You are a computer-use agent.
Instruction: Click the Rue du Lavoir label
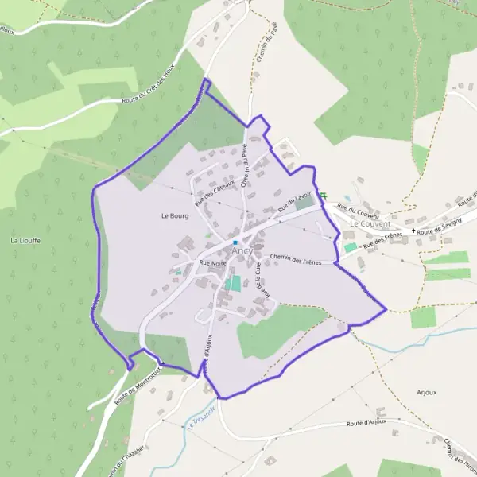click(293, 202)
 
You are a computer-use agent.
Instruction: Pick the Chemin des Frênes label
click(295, 258)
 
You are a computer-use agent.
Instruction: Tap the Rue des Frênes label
click(381, 240)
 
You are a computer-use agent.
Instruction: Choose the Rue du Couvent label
click(358, 211)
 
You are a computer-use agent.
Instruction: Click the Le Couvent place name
click(370, 224)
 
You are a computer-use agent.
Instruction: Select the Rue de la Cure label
click(258, 279)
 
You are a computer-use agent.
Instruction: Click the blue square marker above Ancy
click(235, 242)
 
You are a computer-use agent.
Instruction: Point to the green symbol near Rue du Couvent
click(323, 196)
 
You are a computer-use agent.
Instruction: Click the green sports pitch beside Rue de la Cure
click(233, 283)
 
